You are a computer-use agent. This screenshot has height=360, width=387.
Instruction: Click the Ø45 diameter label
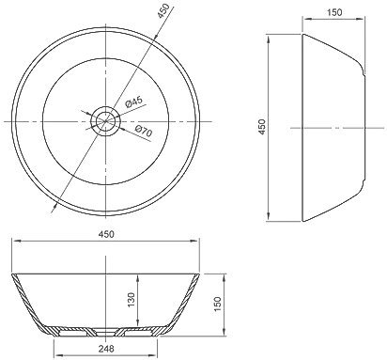(133, 102)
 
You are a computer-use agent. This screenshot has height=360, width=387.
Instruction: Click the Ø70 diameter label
(144, 131)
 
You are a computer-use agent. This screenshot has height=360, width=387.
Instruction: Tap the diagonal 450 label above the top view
(163, 11)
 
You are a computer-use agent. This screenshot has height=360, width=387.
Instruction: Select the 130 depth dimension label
(132, 300)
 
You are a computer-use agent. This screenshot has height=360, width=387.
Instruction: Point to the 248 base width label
(105, 348)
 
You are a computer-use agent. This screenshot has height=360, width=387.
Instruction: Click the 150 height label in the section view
(217, 304)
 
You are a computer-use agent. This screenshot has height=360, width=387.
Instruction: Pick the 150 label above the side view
(334, 12)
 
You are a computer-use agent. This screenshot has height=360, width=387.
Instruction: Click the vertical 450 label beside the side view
(262, 127)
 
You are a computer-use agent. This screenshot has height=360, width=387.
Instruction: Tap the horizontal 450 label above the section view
(106, 234)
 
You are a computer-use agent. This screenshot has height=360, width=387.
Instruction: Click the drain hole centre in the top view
(105, 121)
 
